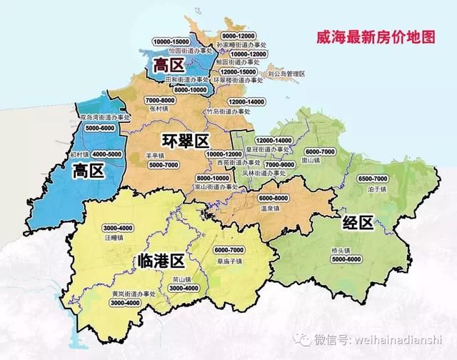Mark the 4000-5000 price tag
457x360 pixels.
point(106,154)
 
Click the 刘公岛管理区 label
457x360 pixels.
point(286,74)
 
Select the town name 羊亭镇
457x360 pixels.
point(156,156)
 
